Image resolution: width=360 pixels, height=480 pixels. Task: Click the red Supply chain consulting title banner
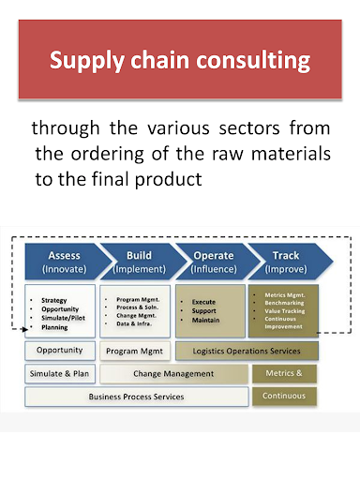click(x=180, y=61)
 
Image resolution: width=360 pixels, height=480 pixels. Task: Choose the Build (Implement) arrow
click(x=137, y=261)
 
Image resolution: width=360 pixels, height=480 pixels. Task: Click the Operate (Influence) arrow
click(x=212, y=261)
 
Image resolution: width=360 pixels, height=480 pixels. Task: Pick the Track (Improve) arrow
click(x=285, y=261)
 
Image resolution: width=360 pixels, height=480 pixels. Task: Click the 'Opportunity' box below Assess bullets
click(x=60, y=351)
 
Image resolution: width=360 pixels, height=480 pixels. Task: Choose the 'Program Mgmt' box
click(x=136, y=351)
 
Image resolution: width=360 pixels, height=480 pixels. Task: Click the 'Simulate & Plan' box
click(x=60, y=373)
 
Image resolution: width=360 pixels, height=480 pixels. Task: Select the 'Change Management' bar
click(x=173, y=373)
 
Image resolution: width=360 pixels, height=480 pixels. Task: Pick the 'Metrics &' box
click(x=285, y=373)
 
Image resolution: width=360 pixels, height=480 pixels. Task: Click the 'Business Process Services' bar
click(x=138, y=396)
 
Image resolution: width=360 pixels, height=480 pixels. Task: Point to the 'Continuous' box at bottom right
click(x=285, y=396)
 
